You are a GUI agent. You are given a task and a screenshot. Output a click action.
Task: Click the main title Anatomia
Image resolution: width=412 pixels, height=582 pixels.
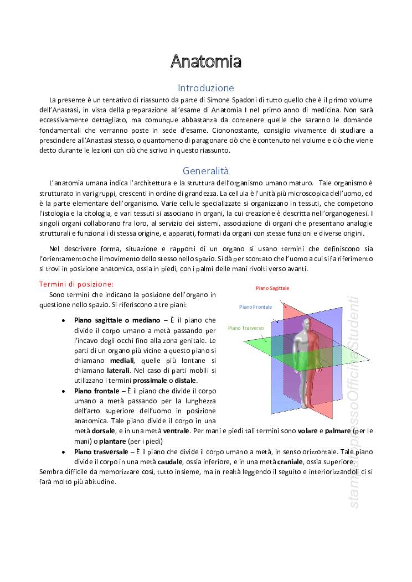(205, 61)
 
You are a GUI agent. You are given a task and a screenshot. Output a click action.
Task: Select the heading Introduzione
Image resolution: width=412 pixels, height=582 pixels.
(205, 88)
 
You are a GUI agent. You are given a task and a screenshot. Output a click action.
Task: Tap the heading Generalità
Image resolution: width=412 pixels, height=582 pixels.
(205, 171)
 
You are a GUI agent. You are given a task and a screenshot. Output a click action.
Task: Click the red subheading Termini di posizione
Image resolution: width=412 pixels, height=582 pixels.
(76, 284)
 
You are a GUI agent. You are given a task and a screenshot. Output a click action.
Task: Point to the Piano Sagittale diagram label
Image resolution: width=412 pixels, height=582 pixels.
(272, 288)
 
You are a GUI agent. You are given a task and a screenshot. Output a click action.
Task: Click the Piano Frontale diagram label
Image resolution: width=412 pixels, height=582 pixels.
(256, 306)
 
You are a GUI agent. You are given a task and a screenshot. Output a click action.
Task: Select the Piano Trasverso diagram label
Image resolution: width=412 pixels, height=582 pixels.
(246, 328)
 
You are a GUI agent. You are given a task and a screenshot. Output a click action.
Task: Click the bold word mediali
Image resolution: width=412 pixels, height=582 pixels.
(122, 361)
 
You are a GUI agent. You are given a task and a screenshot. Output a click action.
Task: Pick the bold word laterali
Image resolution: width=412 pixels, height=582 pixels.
(118, 370)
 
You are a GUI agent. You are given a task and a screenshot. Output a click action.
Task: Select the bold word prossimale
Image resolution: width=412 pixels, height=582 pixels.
(150, 381)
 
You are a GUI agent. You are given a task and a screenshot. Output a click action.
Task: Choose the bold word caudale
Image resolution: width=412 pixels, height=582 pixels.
(170, 461)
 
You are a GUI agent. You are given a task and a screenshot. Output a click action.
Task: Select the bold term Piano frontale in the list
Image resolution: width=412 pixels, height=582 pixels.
(96, 391)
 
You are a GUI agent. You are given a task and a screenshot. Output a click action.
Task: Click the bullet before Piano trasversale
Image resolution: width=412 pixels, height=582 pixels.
(64, 452)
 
